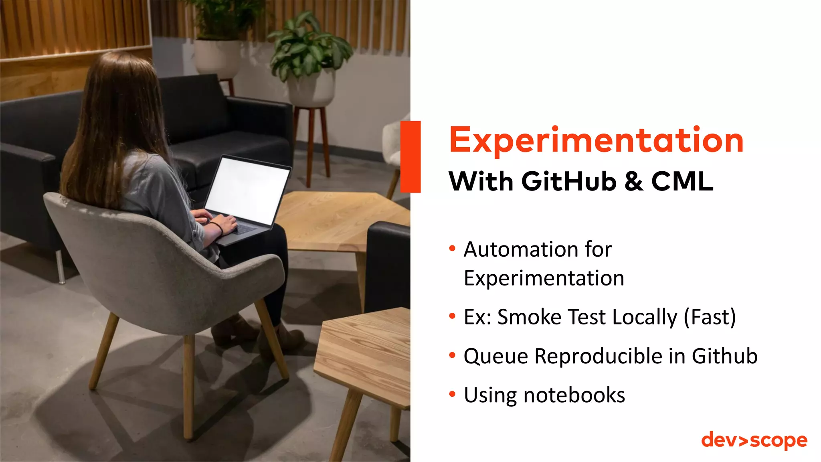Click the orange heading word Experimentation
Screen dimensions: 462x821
tap(596, 140)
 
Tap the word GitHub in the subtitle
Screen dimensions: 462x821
tap(568, 181)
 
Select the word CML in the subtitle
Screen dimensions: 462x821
tap(682, 181)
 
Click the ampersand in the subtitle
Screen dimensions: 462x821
tap(634, 181)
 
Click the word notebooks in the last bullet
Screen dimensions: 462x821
tap(574, 395)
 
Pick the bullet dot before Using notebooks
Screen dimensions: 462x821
tap(453, 395)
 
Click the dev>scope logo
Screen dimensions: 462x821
tap(754, 440)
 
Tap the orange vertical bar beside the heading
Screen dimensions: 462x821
tap(410, 156)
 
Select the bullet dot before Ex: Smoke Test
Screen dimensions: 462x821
tap(453, 316)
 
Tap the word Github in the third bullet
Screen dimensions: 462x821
tap(724, 356)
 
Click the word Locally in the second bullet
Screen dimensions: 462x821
tap(645, 317)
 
